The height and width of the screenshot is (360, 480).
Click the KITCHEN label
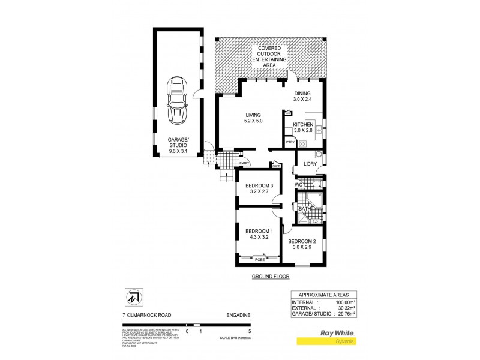[304, 124]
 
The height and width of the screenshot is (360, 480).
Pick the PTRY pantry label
[290, 142]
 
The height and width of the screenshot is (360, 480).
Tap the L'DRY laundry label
[310, 164]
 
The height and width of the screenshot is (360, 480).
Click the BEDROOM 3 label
[259, 185]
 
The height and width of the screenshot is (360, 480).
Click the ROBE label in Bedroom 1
[259, 259]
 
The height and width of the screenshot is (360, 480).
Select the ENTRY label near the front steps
[244, 163]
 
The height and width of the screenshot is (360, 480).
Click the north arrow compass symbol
[133, 297]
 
